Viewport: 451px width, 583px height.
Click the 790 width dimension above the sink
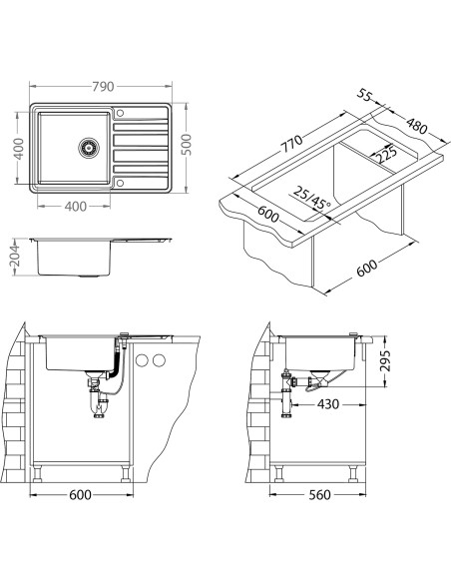[x=103, y=87]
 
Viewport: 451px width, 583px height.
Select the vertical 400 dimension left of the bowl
[x=19, y=149]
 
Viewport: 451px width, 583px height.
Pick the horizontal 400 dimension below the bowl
[x=76, y=207]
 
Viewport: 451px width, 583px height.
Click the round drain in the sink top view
[x=89, y=148]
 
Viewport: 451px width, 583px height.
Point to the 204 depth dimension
[x=14, y=257]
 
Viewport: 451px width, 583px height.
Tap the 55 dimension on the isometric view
[x=364, y=95]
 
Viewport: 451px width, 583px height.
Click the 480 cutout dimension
[x=416, y=126]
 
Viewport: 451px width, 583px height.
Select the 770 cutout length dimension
[x=291, y=144]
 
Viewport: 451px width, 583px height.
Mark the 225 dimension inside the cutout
[x=385, y=155]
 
